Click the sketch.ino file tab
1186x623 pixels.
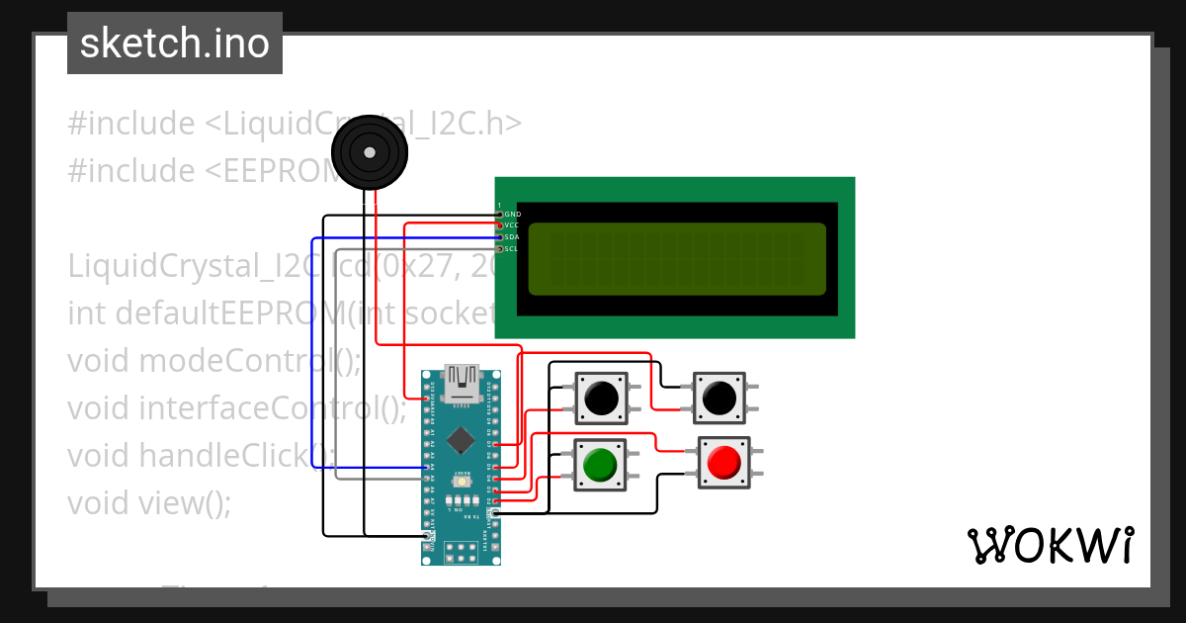pos(175,44)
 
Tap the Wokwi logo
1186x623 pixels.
pos(1050,545)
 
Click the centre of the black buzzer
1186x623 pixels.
pos(369,152)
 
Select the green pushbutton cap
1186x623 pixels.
pos(600,464)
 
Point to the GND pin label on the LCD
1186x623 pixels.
pos(512,214)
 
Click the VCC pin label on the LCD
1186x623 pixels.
pos(511,225)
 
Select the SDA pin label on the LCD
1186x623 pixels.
pos(511,237)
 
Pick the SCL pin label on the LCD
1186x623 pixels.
pos(511,249)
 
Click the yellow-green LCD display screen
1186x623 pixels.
pos(676,259)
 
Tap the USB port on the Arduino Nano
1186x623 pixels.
pos(462,384)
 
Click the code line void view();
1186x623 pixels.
pos(149,502)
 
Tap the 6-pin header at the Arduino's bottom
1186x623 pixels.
pos(461,552)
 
